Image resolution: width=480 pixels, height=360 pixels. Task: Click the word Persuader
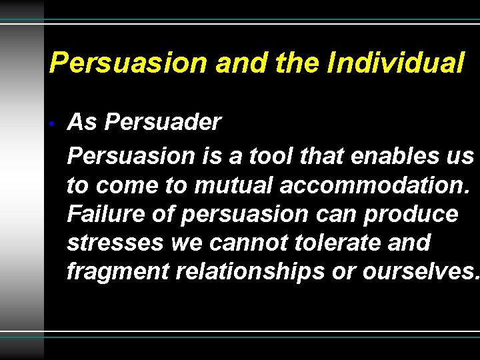pos(163,122)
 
